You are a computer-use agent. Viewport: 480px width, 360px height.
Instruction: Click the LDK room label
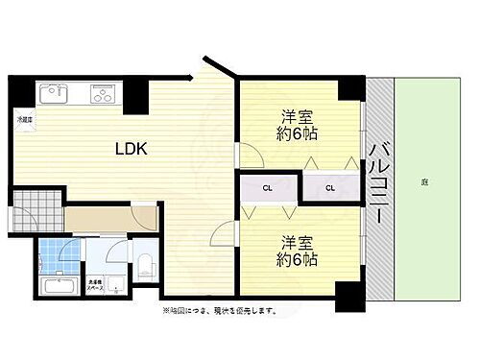pos(131,149)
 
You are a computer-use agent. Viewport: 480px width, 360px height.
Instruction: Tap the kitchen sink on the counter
pos(52,94)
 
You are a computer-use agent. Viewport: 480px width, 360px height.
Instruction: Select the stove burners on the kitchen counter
pos(103,94)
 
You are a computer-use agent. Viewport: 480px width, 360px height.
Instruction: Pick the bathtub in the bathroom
pos(60,286)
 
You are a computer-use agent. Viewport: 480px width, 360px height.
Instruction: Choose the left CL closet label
pos(270,187)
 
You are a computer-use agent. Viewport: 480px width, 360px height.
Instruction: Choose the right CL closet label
pos(329,187)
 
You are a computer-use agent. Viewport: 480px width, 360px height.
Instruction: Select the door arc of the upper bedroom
pos(248,154)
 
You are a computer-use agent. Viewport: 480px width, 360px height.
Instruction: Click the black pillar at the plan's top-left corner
pos(20,89)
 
